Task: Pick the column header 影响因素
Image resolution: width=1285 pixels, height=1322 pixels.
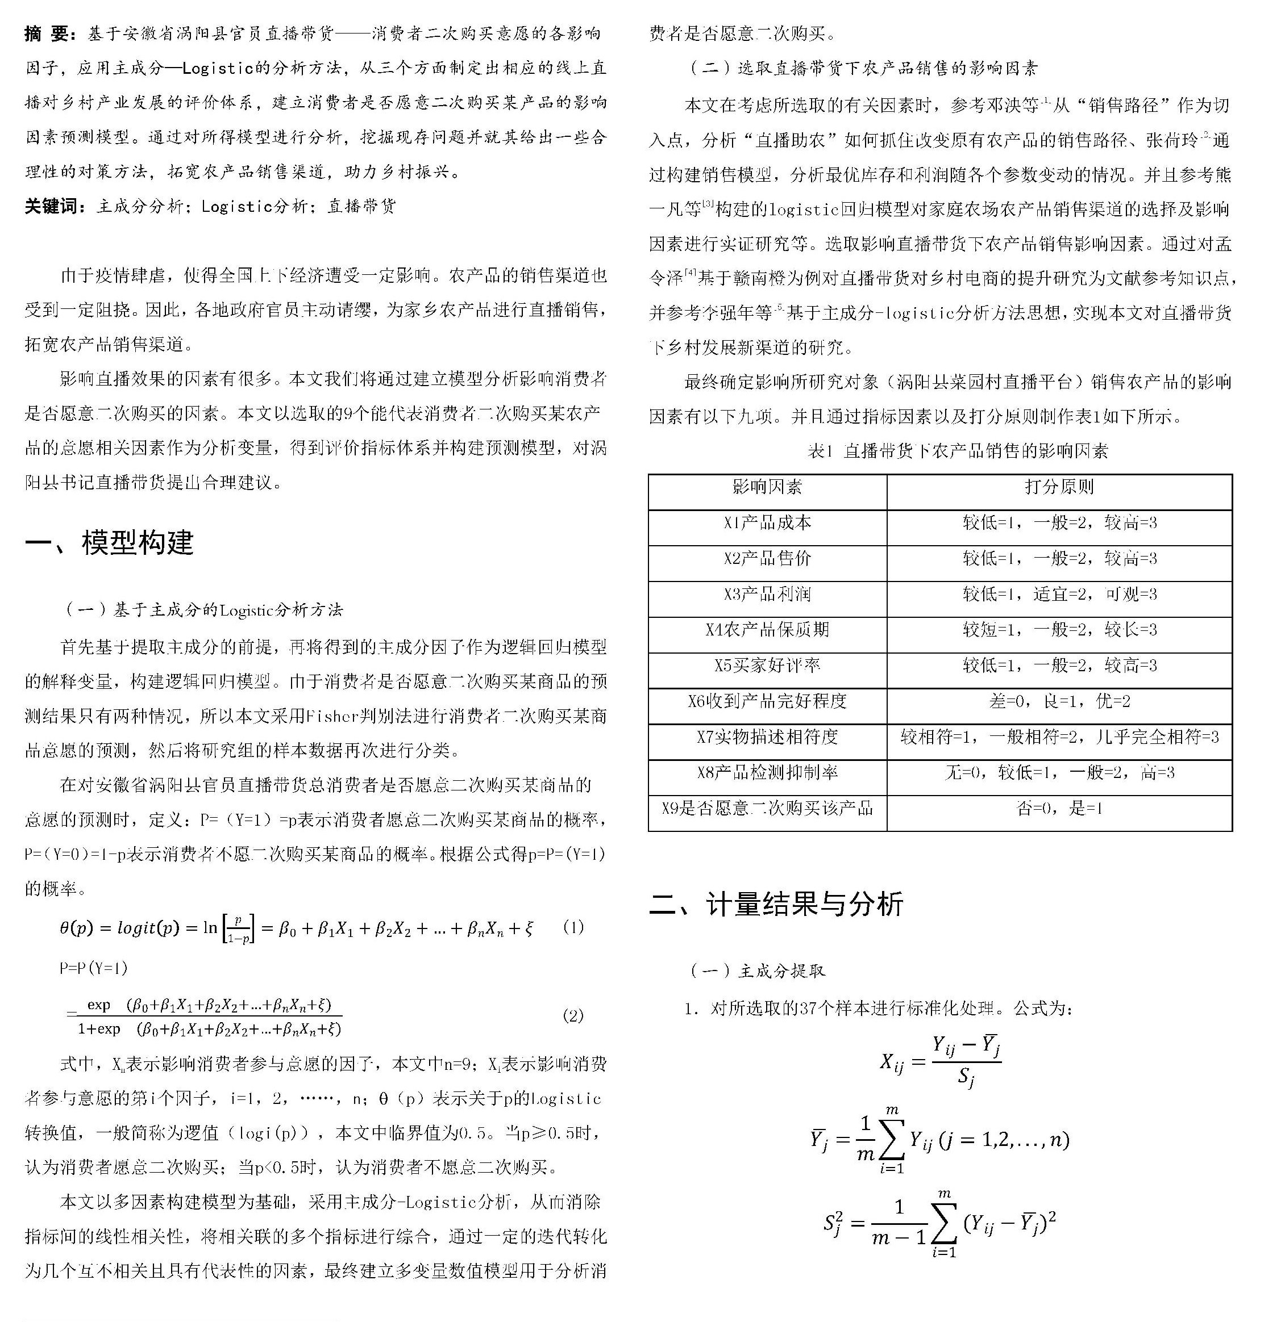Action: [x=767, y=487]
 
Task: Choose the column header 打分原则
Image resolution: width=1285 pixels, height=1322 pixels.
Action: [x=1059, y=487]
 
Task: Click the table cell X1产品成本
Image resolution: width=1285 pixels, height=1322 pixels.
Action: [x=767, y=523]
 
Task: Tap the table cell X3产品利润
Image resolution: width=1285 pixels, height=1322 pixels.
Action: [x=767, y=594]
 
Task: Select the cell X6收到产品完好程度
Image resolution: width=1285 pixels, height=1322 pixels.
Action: [x=767, y=701]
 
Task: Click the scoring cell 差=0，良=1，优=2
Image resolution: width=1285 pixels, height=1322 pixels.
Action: [x=1059, y=701]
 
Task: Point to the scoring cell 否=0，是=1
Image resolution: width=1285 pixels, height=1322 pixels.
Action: [x=1059, y=808]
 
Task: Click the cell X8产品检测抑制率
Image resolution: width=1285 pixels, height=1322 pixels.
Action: [x=767, y=773]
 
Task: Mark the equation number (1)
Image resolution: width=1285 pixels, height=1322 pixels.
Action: [x=573, y=927]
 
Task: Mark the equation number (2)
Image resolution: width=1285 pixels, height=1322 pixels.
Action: [x=573, y=1016]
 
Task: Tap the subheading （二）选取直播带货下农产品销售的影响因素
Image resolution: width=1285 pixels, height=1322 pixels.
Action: [x=864, y=68]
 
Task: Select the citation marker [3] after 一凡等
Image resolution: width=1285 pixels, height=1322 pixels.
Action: [x=708, y=204]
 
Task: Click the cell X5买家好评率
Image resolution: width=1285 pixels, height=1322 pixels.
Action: [x=767, y=666]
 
